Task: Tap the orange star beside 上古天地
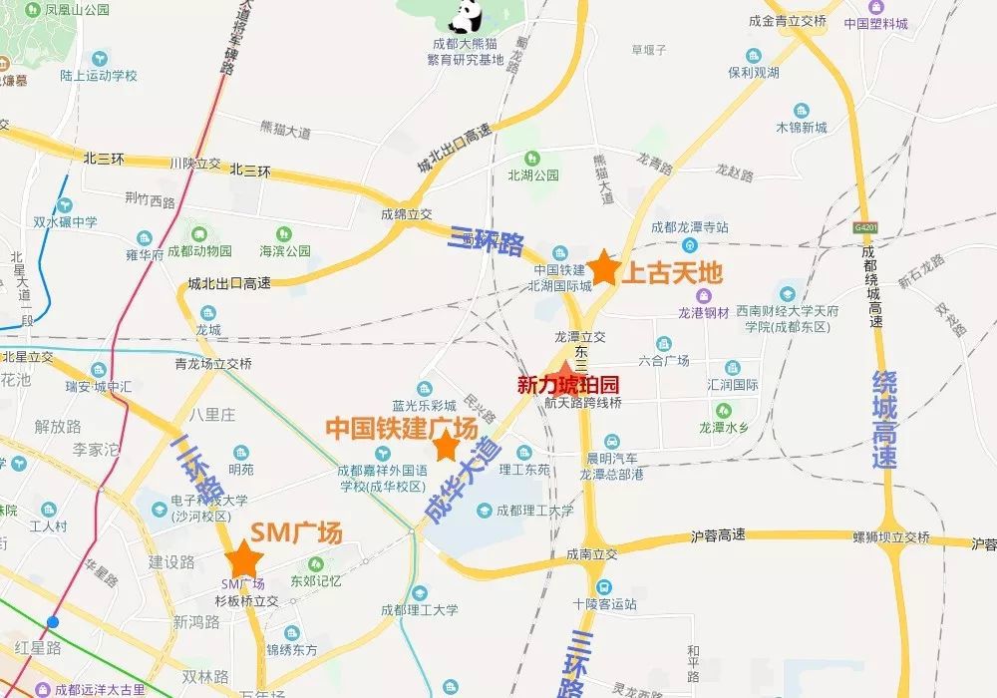coord(604,269)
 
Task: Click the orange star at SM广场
coord(240,560)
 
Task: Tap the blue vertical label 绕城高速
coord(883,420)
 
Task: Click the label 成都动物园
coord(199,251)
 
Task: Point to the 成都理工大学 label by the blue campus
coord(535,511)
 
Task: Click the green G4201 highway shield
coord(865,227)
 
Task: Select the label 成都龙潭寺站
coord(690,228)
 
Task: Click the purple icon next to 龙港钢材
coord(704,294)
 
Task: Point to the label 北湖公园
coord(533,175)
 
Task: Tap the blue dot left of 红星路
coord(53,622)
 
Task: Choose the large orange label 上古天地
coord(671,273)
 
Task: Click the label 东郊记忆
coord(316,581)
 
